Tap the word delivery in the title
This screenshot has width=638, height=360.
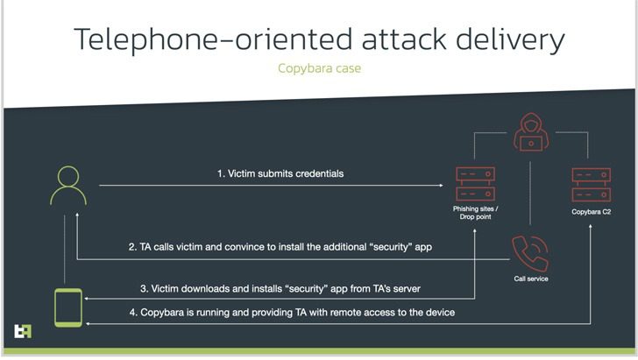(510, 40)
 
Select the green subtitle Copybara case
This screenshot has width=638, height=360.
(319, 68)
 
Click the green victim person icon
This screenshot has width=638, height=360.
(68, 185)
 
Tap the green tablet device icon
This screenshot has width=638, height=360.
(68, 308)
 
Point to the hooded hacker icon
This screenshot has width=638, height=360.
(530, 132)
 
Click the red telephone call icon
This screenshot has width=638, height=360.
(530, 253)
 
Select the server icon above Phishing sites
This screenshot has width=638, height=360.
(475, 184)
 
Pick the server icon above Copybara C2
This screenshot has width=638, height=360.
(592, 185)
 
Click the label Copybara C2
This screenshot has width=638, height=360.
(592, 212)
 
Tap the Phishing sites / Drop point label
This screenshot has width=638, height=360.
(475, 213)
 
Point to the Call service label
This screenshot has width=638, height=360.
(531, 279)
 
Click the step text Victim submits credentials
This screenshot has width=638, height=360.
(286, 173)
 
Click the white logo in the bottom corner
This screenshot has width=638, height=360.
(23, 331)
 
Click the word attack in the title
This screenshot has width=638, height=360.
(405, 40)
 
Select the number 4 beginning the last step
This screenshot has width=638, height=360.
(132, 313)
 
